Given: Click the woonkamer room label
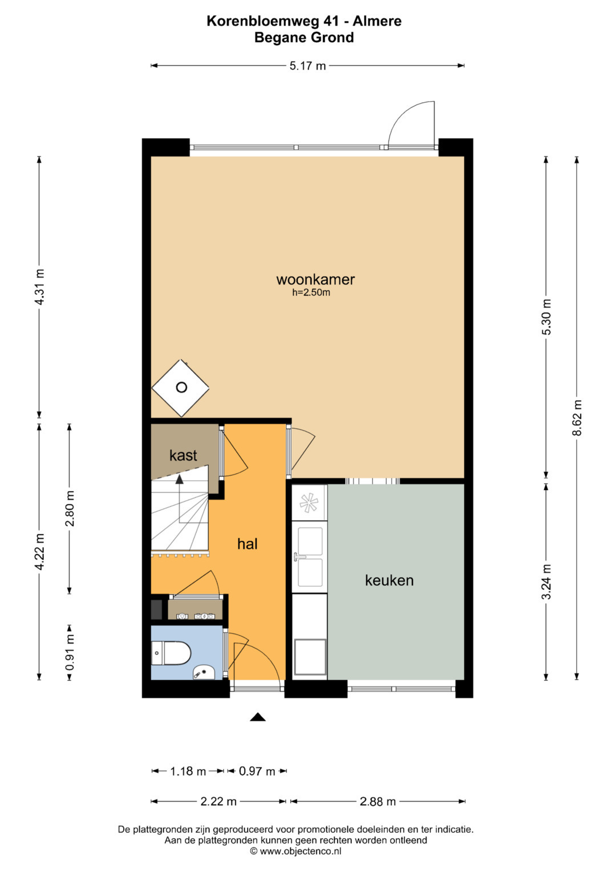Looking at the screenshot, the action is [315, 279].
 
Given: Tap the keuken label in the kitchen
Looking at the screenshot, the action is [389, 580].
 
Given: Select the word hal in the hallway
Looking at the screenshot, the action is [248, 544].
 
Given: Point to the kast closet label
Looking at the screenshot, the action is [183, 455].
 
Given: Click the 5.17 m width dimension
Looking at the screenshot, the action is [307, 66].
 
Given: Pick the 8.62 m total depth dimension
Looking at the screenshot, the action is [577, 418].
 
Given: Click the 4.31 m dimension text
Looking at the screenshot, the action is [39, 287].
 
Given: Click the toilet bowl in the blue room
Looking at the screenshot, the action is [172, 653].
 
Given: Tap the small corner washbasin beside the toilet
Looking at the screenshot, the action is [204, 672].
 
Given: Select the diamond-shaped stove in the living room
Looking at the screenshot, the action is [180, 388].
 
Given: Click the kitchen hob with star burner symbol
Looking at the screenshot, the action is [309, 502].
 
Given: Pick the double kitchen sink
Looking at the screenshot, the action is [310, 557].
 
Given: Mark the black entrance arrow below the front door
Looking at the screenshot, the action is [257, 717].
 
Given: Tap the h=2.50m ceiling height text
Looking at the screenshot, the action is [311, 293].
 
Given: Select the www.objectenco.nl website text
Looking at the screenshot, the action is [300, 851].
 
